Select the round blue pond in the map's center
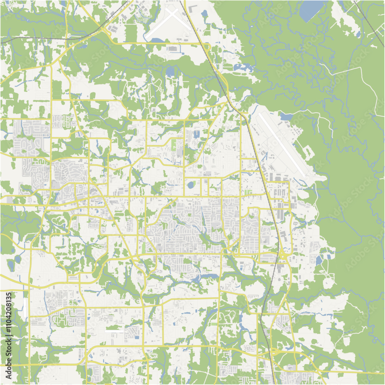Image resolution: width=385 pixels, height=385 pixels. point(190,185)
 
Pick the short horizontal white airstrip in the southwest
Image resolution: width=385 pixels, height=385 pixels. point(114,330)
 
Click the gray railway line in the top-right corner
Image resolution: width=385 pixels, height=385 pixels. point(370,19)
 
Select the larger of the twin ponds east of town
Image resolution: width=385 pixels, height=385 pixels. point(319,260)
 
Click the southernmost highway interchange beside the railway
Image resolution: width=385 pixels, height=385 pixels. point(274,352)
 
